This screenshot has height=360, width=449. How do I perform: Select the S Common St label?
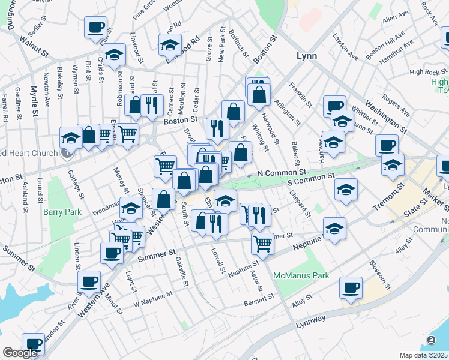(310, 179)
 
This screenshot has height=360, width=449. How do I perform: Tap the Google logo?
(19, 353)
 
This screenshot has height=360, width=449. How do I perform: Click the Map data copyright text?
(423, 355)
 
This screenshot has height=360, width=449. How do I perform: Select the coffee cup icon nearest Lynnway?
(350, 287)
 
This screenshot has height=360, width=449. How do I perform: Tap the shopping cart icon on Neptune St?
(262, 244)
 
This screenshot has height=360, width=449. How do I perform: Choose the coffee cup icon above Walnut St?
(96, 28)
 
